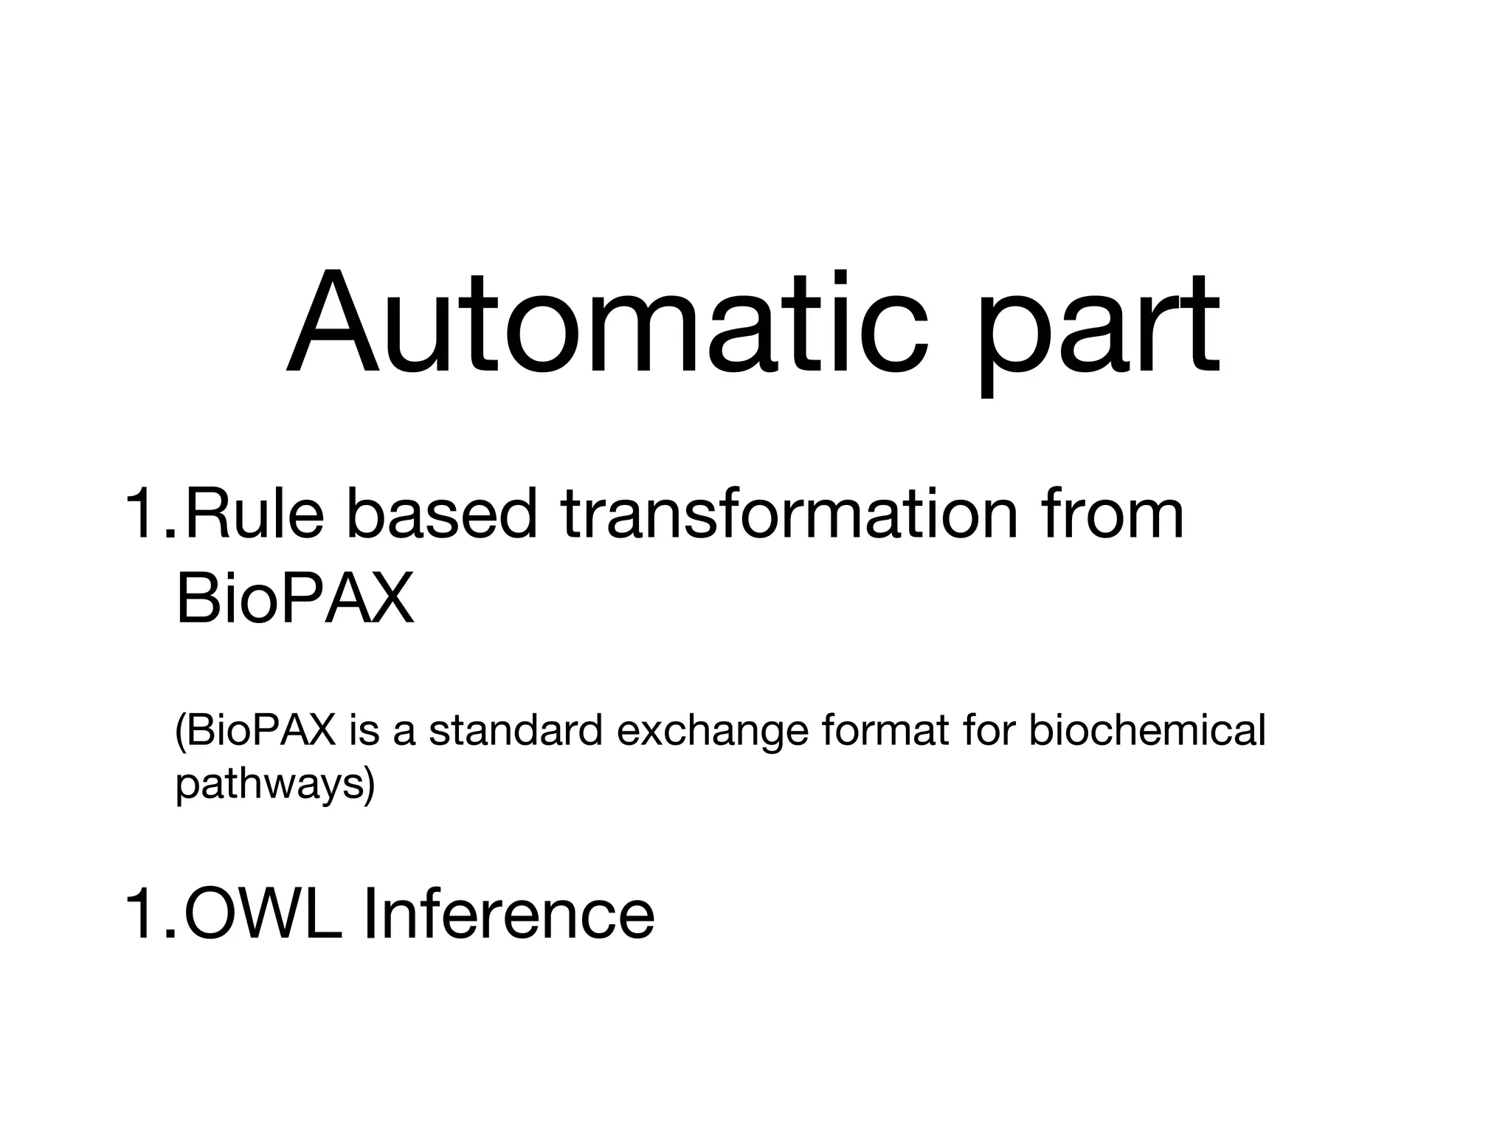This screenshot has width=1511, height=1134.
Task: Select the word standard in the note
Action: [516, 731]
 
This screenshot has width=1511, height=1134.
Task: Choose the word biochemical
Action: [1147, 731]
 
